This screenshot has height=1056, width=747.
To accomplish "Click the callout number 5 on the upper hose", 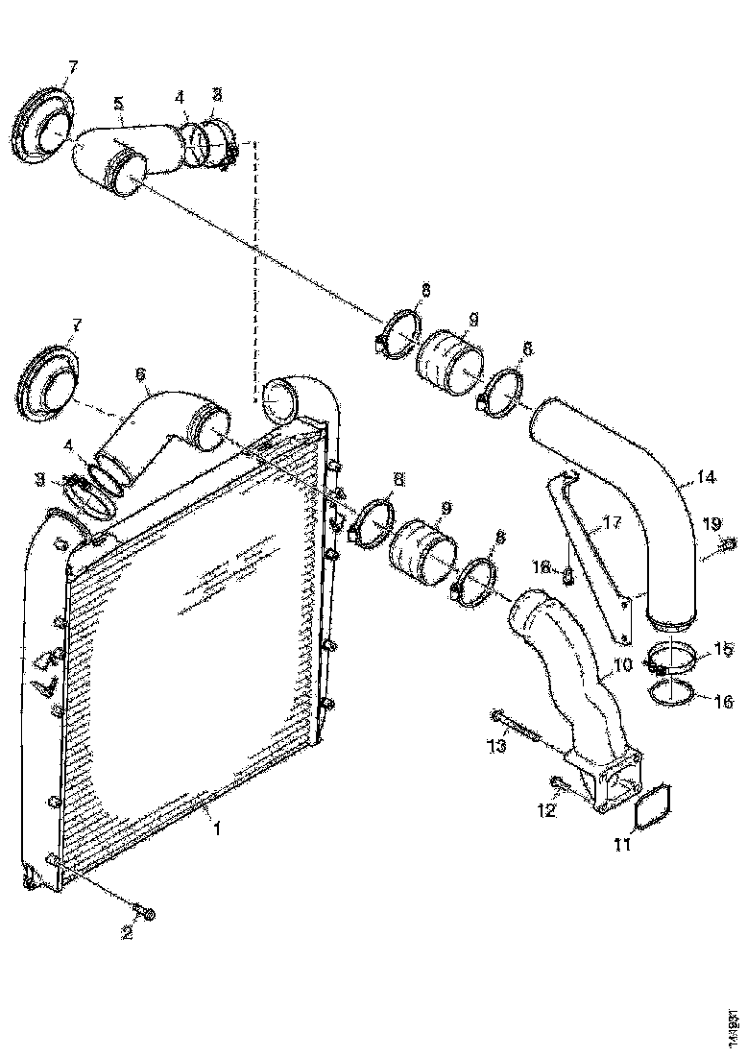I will (x=119, y=102).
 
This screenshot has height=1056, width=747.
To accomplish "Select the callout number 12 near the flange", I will (x=545, y=811).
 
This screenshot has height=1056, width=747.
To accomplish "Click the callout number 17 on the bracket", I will (x=612, y=523).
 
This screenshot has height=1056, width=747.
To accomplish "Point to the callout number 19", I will (x=711, y=523).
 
